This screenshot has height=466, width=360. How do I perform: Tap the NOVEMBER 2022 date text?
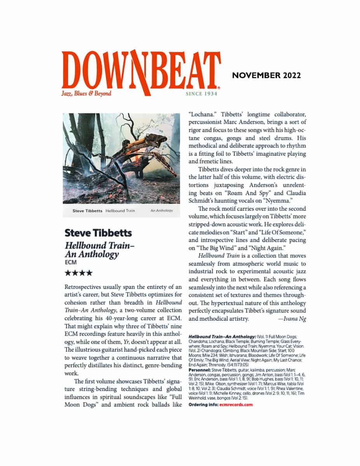[266, 75]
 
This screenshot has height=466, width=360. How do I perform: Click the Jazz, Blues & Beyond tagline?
[86, 93]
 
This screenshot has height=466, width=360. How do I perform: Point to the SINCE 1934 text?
[201, 94]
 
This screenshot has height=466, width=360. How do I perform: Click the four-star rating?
[78, 273]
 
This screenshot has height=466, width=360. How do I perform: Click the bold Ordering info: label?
[203, 405]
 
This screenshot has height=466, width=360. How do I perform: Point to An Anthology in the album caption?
[161, 211]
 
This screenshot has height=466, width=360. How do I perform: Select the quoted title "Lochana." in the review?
[201, 115]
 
